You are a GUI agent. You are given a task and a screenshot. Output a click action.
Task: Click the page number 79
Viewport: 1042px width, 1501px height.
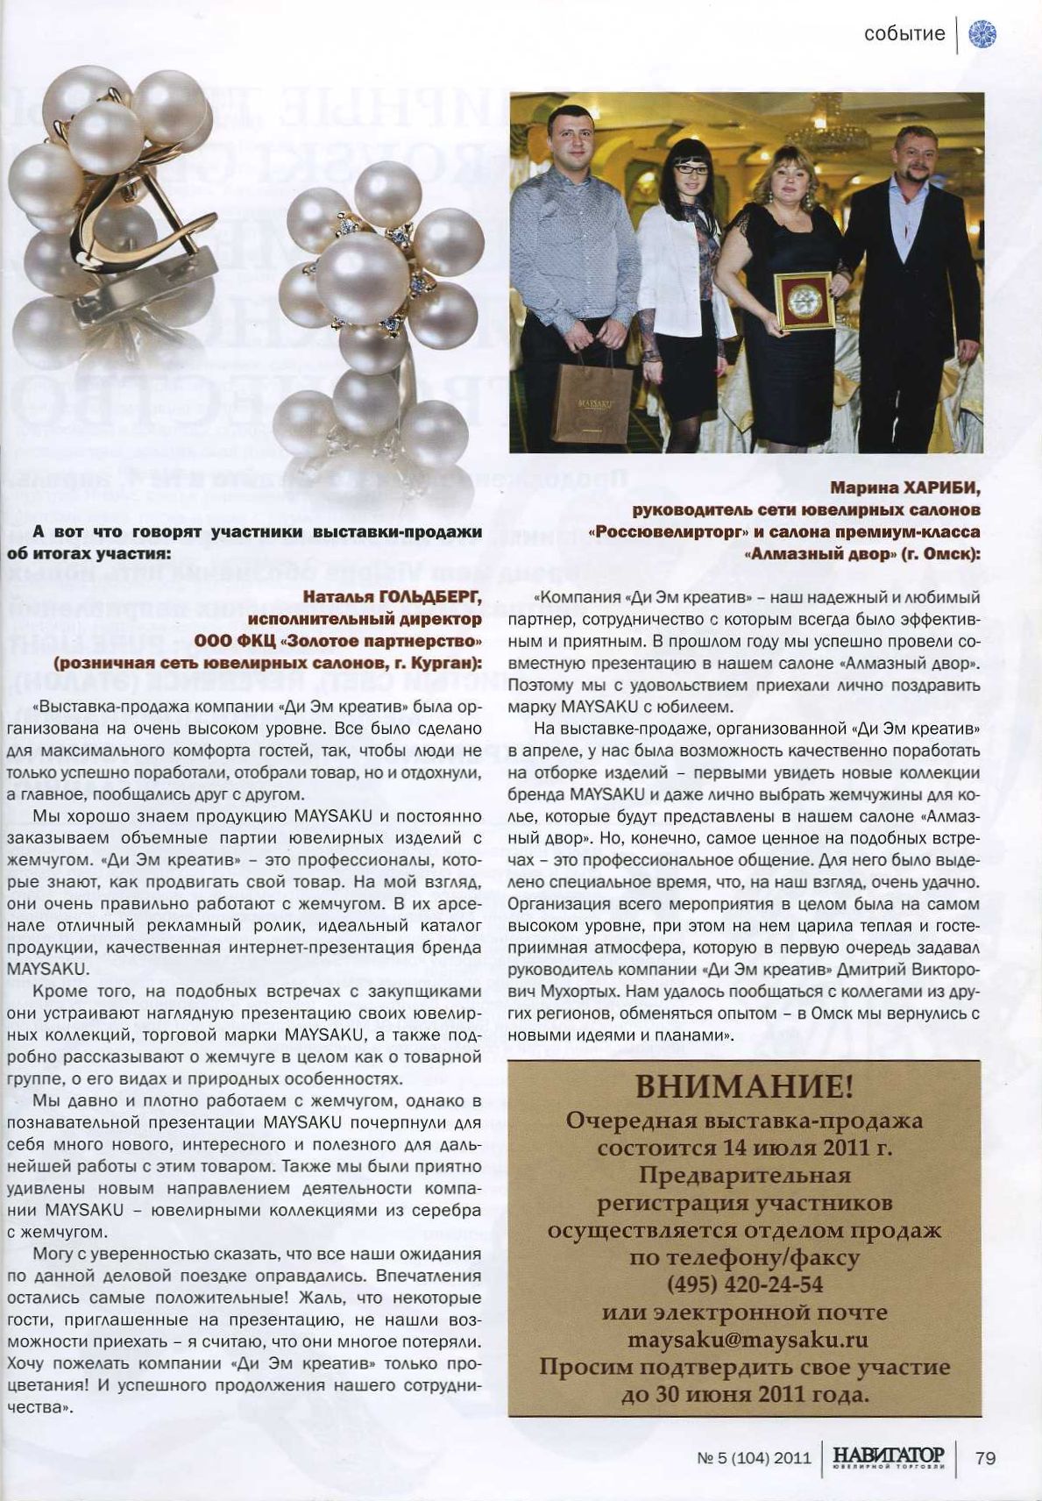point(985,1457)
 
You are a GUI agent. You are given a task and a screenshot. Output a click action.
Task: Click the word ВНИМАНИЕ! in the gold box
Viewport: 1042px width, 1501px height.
point(743,1088)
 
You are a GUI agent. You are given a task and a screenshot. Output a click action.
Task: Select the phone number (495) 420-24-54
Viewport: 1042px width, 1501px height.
point(744,1285)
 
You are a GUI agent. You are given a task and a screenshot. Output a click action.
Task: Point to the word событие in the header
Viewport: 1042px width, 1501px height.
point(904,34)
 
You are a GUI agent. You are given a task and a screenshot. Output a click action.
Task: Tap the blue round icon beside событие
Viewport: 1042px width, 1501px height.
point(982,34)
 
